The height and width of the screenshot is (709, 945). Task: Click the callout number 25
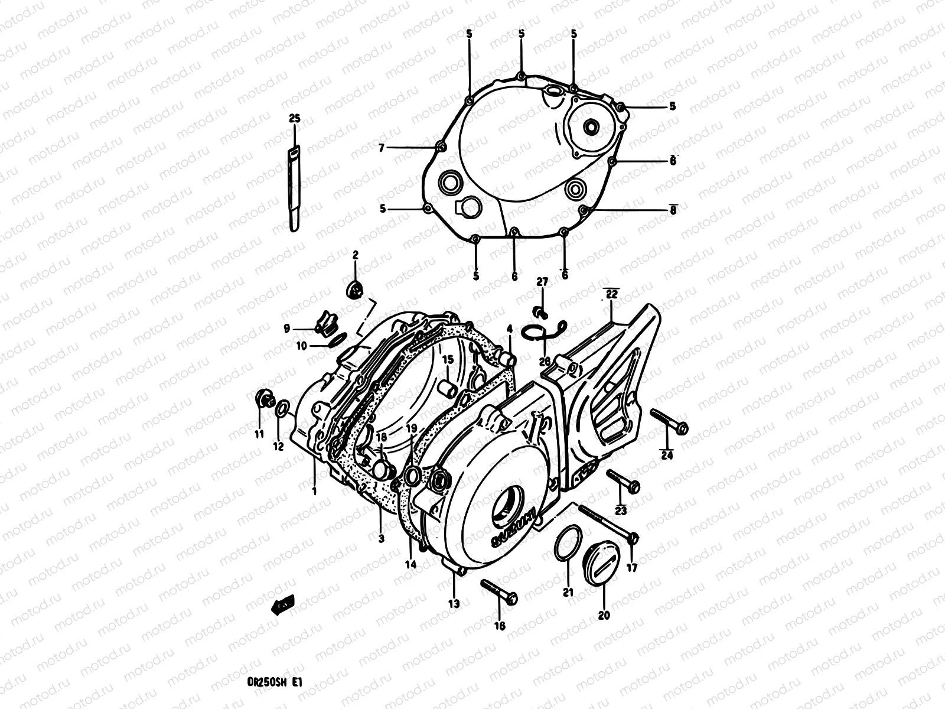click(x=294, y=119)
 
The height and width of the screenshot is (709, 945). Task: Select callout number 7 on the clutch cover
click(x=382, y=147)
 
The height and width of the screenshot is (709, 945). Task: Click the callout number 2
click(x=356, y=255)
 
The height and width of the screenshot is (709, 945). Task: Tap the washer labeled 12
click(x=283, y=408)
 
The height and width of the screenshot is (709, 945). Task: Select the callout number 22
click(x=611, y=294)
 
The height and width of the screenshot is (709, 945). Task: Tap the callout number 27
click(x=542, y=282)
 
